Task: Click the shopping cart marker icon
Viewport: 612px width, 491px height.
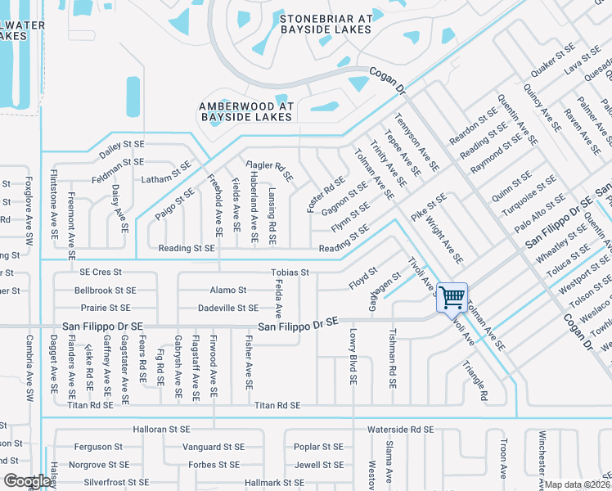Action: (452, 297)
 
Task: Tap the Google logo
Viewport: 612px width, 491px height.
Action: (26, 481)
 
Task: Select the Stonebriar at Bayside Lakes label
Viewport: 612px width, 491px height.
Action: (326, 24)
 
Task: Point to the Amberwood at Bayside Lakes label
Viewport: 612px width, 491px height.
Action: (245, 111)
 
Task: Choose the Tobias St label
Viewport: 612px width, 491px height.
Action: (290, 273)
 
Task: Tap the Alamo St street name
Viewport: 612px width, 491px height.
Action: (228, 290)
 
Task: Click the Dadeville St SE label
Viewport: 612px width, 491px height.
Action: (228, 309)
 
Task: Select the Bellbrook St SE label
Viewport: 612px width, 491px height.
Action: (105, 291)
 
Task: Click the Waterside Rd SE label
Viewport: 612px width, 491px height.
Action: (400, 429)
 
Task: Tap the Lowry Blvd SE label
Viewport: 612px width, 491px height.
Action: (353, 357)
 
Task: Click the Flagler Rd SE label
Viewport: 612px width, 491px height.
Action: (270, 171)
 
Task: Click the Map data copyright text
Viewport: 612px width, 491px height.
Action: (578, 484)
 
